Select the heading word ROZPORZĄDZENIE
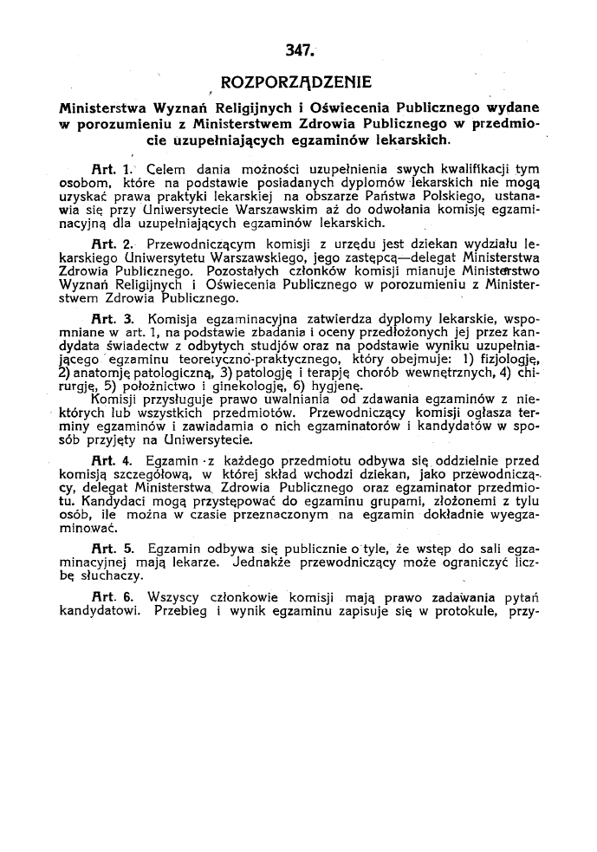(296, 84)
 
